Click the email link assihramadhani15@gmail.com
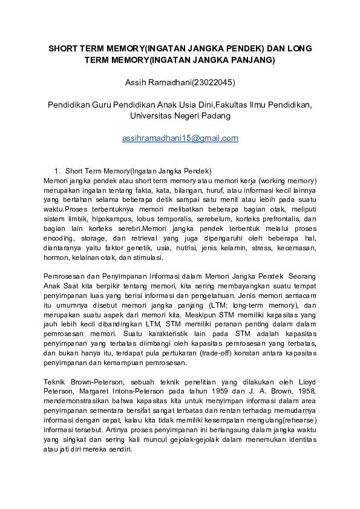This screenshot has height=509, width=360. tap(180, 138)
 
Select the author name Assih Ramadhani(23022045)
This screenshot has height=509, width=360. tap(180, 82)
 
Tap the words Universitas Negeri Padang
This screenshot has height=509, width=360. tap(180, 115)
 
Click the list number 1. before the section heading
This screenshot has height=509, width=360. tap(58, 170)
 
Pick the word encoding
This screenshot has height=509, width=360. tap(59, 238)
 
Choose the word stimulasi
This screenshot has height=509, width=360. tap(146, 258)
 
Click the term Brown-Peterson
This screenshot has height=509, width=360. tap(98, 382)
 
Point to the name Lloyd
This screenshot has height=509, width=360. tap(304, 382)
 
